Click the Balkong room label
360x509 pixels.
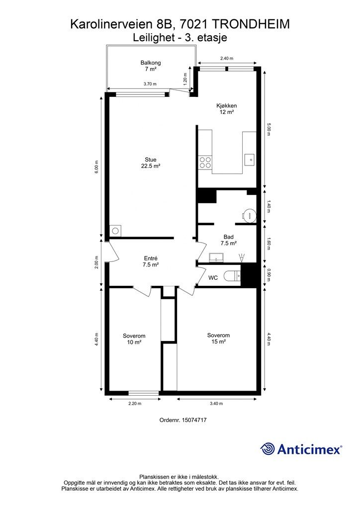[x=150, y=63]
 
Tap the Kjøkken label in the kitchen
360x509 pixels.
[x=227, y=105]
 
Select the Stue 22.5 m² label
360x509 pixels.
[x=151, y=163]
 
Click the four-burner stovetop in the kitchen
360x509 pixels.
[x=205, y=163]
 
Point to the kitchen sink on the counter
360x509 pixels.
[x=250, y=160]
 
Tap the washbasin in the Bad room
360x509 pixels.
[x=216, y=257]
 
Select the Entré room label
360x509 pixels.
[x=151, y=258]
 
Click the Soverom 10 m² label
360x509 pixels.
[x=134, y=339]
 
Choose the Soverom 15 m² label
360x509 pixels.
[x=218, y=338]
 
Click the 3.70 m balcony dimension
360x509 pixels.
[x=150, y=84]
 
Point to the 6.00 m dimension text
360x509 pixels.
[x=96, y=167]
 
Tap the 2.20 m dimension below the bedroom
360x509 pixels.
[x=135, y=404]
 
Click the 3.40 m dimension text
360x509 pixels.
[x=216, y=404]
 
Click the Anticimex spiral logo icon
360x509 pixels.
[x=268, y=449]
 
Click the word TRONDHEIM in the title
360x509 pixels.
[x=251, y=24]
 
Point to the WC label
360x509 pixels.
[x=213, y=278]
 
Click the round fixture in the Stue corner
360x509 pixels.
[x=115, y=231]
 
